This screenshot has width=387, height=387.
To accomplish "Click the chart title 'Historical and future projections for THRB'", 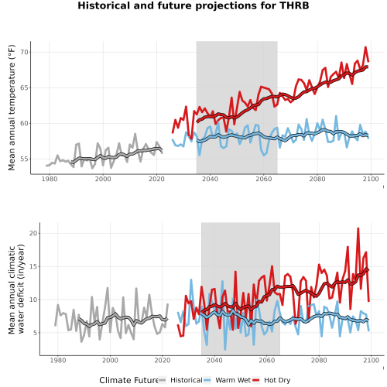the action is [193, 5].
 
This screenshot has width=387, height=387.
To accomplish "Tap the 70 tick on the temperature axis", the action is [24, 52].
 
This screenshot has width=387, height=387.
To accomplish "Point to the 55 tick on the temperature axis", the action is [24, 159].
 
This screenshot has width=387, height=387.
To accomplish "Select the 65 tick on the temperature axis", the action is [24, 87].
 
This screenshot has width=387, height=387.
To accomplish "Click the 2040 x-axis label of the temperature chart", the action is [210, 179].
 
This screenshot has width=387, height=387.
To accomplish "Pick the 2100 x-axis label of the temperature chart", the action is [371, 179].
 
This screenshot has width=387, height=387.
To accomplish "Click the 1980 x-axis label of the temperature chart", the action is [50, 179].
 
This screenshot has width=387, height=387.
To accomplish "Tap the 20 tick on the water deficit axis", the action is [33, 233].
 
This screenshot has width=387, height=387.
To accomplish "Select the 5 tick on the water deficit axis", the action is [36, 333].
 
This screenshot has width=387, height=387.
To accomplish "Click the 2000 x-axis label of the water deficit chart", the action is [110, 360].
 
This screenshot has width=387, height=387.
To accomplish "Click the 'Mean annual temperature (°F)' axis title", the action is [12, 108].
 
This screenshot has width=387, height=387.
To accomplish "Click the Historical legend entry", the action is [180, 380].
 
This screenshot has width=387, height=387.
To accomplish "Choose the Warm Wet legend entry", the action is [227, 380].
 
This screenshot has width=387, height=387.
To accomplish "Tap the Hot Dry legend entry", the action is [271, 380].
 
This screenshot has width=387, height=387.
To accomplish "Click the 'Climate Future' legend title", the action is [128, 380].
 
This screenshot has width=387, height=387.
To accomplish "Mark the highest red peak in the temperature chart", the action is [365, 47].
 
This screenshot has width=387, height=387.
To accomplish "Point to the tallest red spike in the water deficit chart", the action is [358, 228].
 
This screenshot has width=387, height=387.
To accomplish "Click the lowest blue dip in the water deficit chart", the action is [225, 349].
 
